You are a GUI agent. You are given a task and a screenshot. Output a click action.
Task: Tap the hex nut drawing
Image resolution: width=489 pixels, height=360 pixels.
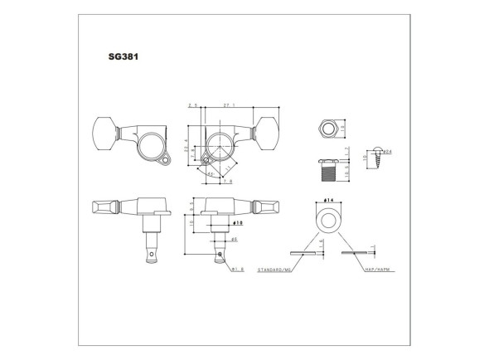(x=326, y=129)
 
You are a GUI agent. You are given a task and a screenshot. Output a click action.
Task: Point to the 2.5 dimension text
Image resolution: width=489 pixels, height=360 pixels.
(x=193, y=106)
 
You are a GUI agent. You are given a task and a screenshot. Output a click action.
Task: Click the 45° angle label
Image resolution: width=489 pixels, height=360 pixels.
(x=211, y=175)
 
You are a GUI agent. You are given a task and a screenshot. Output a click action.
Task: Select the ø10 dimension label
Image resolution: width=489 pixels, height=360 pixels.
(x=237, y=222)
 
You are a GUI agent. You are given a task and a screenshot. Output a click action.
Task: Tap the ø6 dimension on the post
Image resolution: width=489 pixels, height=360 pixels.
(x=235, y=239)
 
